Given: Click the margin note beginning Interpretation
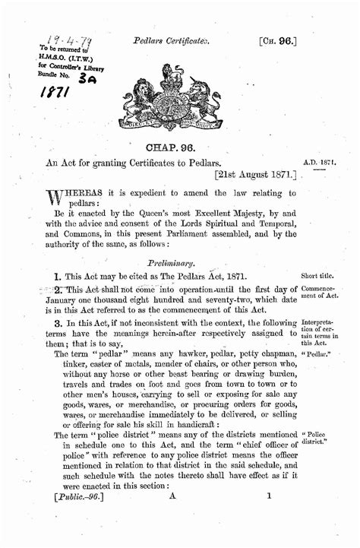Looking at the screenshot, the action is (320, 328).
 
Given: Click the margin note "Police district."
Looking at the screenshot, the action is (320, 439).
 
